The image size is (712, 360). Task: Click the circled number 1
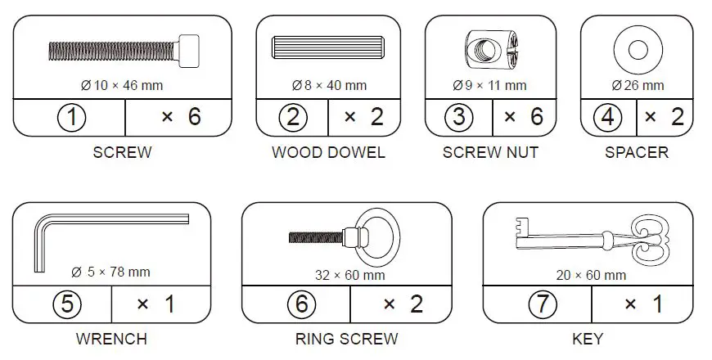pos(72,117)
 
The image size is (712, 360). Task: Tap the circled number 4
pos(606,117)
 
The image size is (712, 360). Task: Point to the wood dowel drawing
pos(328,48)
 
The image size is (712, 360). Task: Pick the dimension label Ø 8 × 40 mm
pos(329,84)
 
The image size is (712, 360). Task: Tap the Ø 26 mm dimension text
pos(637,84)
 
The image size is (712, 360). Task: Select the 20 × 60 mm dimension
pos(590,275)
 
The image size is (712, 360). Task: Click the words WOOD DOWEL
pos(328,152)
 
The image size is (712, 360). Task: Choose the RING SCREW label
pos(346,338)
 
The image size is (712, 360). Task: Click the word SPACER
pos(636,152)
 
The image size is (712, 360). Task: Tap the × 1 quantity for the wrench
pos(155,304)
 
